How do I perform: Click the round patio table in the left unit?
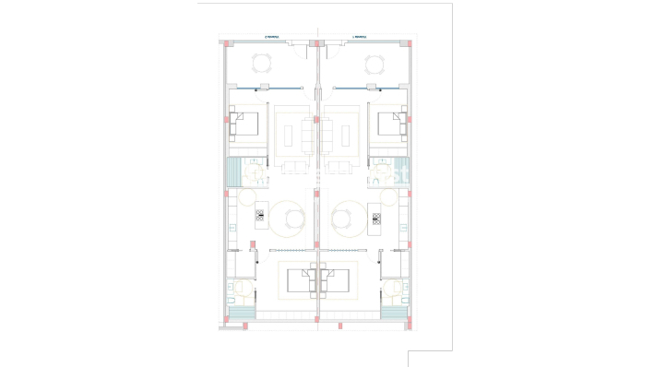pyautogui.click(x=262, y=64)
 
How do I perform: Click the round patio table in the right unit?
pyautogui.click(x=374, y=64)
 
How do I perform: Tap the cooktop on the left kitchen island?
pyautogui.click(x=260, y=218)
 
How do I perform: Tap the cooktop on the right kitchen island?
pyautogui.click(x=375, y=218)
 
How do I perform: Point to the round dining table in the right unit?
pyautogui.click(x=340, y=218)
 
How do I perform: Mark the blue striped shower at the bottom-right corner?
pyautogui.click(x=395, y=313)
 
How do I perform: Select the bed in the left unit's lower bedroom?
pyautogui.click(x=299, y=279)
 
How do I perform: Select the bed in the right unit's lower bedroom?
pyautogui.click(x=337, y=279)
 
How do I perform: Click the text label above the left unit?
pyautogui.click(x=271, y=38)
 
